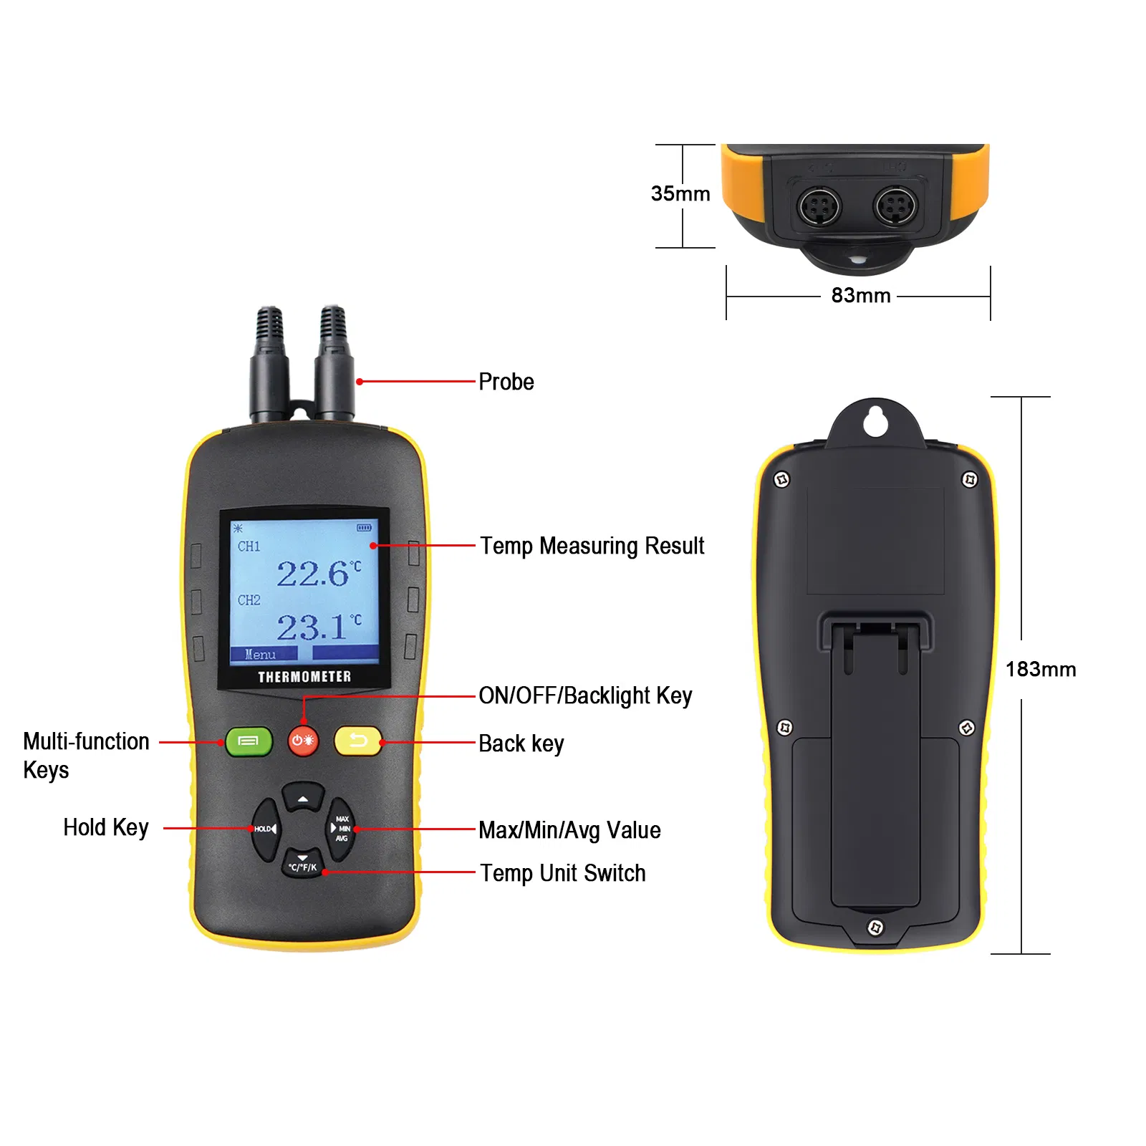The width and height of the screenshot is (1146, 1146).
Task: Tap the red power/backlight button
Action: (x=303, y=741)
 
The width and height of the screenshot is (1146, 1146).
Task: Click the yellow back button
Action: (x=358, y=741)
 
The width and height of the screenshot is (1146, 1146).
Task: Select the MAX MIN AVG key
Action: (x=341, y=829)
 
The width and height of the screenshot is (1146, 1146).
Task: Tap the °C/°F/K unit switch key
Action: (x=303, y=864)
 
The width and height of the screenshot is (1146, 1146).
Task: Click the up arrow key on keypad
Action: (x=303, y=796)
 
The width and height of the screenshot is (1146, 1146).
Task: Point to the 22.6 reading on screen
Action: (x=314, y=574)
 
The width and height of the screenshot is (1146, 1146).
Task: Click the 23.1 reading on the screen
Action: (x=313, y=627)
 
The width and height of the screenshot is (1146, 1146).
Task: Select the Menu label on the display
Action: (x=260, y=654)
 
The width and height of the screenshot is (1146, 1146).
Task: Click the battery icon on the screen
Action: (x=364, y=528)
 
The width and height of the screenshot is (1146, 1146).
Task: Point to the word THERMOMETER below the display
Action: (x=304, y=677)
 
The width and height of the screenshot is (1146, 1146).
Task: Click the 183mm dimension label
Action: (x=1041, y=669)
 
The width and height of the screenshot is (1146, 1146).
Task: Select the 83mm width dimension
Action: (x=861, y=295)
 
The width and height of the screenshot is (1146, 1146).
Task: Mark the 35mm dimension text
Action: (x=680, y=193)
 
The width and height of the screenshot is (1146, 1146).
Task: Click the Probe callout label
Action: (x=506, y=382)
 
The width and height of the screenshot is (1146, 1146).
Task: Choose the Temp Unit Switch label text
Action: (x=563, y=873)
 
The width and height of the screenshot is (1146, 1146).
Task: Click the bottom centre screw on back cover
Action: (x=875, y=928)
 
